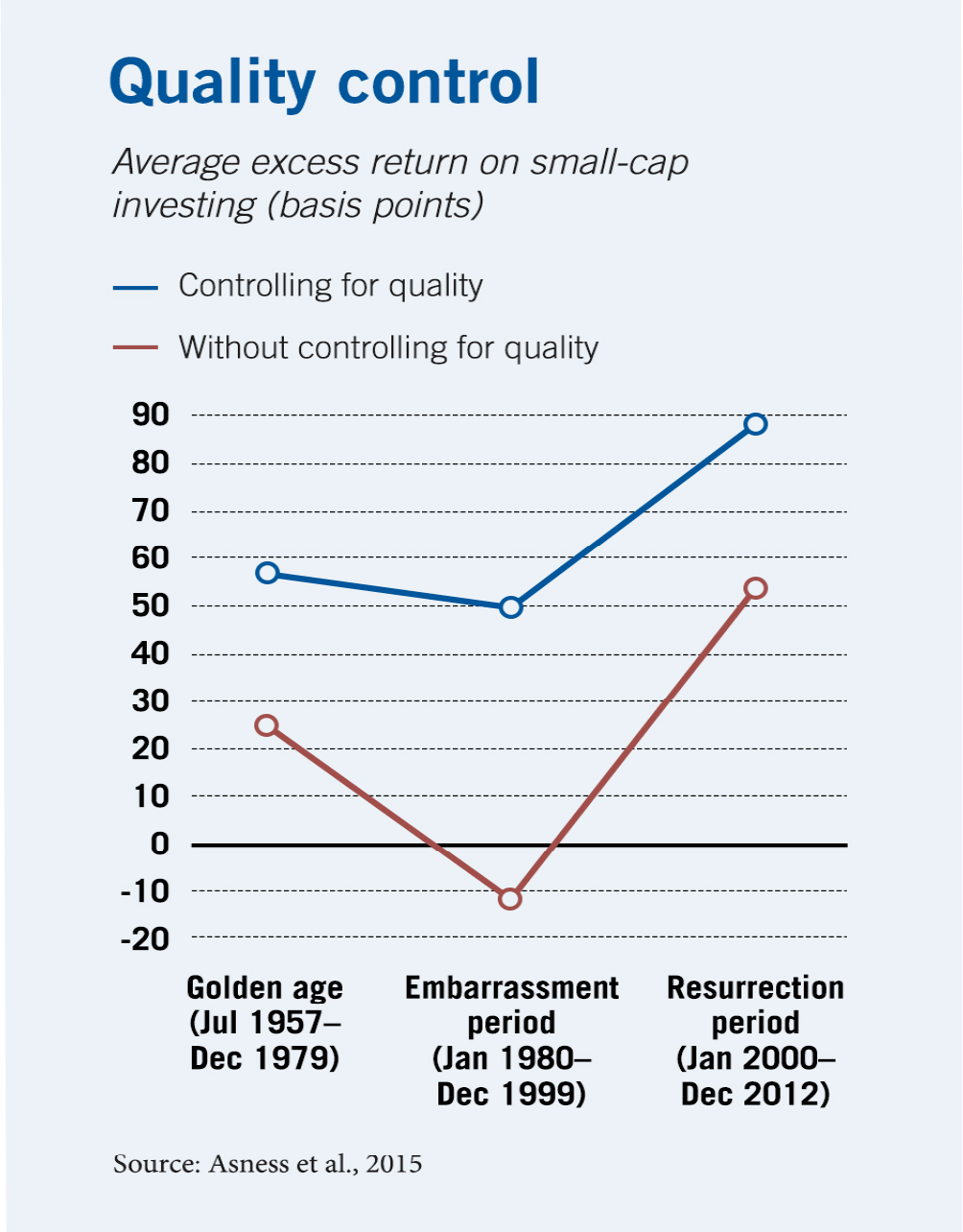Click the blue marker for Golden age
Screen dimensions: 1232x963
(268, 573)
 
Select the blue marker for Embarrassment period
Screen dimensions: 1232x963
(511, 607)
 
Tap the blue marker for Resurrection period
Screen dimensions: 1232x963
(756, 424)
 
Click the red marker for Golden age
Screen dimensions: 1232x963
(268, 725)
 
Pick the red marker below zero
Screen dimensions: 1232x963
(510, 899)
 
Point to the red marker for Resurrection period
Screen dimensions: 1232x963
(756, 588)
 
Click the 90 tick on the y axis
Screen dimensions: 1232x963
(151, 415)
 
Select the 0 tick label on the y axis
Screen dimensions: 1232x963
(159, 844)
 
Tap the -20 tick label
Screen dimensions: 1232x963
(145, 938)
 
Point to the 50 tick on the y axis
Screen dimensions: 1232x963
(151, 605)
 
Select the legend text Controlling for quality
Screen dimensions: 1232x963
(330, 286)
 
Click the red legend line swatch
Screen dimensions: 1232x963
(135, 346)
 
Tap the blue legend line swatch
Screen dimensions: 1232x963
(135, 286)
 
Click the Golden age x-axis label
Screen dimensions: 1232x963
(266, 1023)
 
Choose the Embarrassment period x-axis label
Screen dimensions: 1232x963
(511, 1040)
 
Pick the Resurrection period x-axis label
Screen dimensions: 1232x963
(756, 1040)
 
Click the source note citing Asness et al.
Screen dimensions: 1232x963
(268, 1164)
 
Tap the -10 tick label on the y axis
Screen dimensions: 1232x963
(145, 891)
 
